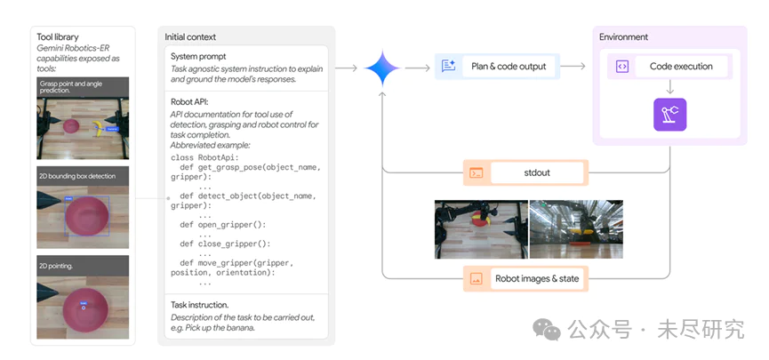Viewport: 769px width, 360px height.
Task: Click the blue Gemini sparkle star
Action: click(380, 68)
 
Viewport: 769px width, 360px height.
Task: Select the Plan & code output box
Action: click(497, 66)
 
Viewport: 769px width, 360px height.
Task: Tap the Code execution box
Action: click(671, 66)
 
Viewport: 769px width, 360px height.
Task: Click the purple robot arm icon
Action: click(669, 116)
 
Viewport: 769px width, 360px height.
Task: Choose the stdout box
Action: click(525, 172)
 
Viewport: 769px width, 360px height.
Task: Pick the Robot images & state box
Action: click(525, 278)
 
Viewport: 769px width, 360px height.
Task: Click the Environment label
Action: click(623, 37)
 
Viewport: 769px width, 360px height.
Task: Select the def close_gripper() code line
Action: click(224, 244)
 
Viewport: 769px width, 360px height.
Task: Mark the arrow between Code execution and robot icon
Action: click(669, 88)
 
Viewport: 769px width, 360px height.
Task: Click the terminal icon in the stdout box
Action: click(476, 173)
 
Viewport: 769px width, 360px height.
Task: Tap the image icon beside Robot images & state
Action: click(476, 278)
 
